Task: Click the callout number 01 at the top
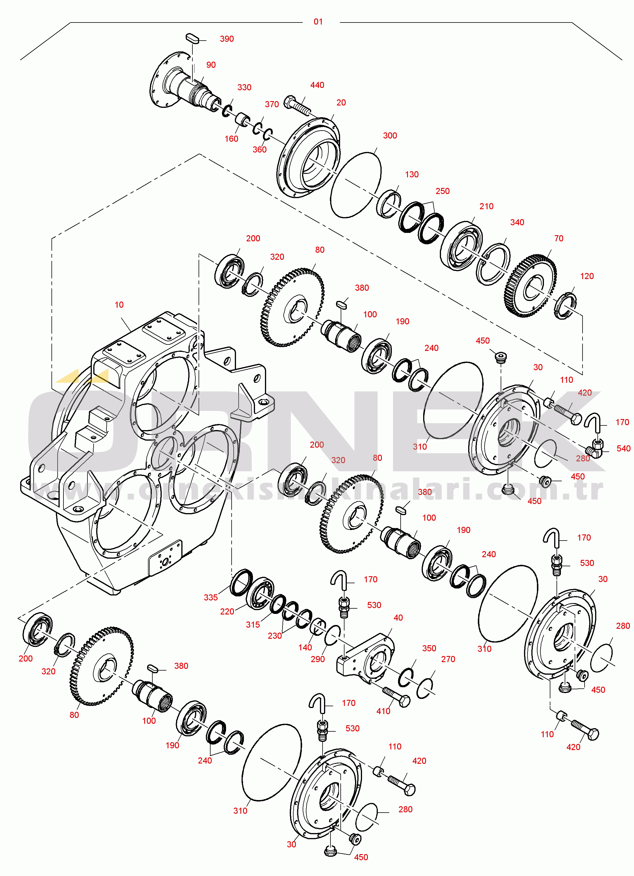318,22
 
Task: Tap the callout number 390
227,39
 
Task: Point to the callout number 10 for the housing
119,305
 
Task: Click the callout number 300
390,136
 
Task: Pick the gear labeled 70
531,285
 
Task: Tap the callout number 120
587,276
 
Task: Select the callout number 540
623,449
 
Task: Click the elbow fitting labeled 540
595,448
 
